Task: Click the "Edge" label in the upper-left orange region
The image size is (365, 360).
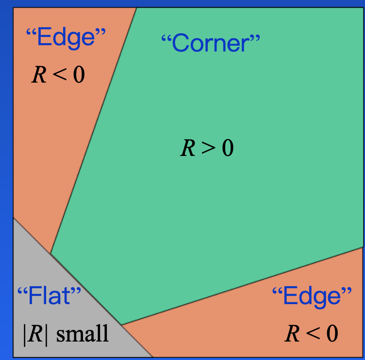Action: [66, 37]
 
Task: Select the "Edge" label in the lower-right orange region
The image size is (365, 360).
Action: [312, 296]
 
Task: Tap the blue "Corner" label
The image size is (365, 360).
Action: [211, 43]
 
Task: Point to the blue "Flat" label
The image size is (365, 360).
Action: [50, 295]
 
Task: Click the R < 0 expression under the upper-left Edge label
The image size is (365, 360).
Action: [58, 74]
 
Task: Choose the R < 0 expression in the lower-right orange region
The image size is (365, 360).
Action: [312, 333]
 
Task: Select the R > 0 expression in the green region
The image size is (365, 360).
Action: [207, 148]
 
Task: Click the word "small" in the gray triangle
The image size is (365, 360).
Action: [83, 333]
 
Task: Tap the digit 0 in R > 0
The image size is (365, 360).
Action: [228, 148]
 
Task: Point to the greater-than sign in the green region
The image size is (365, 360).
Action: [209, 149]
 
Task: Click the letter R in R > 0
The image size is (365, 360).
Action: [188, 148]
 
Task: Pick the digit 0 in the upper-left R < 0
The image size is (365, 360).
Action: [79, 74]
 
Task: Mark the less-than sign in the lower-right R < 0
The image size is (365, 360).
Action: [313, 334]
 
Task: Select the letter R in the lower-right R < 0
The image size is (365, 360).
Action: [292, 333]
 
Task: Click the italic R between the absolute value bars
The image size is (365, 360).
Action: [35, 334]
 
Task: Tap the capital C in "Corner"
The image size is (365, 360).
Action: [181, 43]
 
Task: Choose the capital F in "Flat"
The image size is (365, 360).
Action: [35, 295]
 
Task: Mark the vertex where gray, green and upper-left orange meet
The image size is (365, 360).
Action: [50, 253]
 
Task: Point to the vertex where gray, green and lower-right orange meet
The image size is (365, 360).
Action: [121, 325]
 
